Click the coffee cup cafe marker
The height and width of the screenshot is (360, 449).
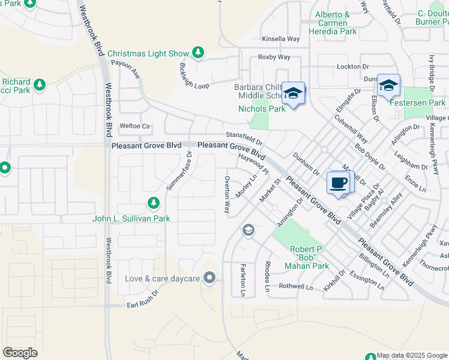coord(339,182)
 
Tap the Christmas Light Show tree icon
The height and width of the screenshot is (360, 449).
coord(198,53)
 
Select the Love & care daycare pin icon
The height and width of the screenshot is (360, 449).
coord(209,278)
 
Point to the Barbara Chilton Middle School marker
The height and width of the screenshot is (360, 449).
coord(293,93)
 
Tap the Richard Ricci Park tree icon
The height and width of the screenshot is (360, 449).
coord(40,85)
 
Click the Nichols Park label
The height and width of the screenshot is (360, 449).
coord(262,109)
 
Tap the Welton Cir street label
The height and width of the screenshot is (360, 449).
coord(135,126)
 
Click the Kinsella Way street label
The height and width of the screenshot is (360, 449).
coord(280,39)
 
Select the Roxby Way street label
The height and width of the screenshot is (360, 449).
coord(274,57)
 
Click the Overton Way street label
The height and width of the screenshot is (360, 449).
coord(227,195)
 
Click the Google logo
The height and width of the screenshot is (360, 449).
coord(20,353)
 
